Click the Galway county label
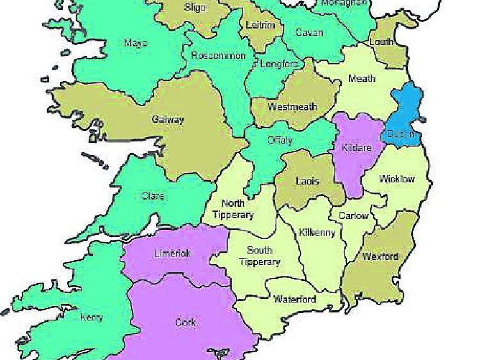[x=168, y=120]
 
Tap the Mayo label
[x=136, y=43]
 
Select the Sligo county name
[x=195, y=8]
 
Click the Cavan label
[x=309, y=32]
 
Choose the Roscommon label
[x=218, y=56]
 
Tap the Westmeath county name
[x=292, y=107]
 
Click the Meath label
[x=362, y=79]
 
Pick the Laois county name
[x=307, y=181]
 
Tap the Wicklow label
[x=397, y=179]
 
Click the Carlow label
[x=353, y=215]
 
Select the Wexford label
[x=380, y=256]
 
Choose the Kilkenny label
[x=317, y=232]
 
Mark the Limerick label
[x=172, y=253]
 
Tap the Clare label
[x=152, y=196]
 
